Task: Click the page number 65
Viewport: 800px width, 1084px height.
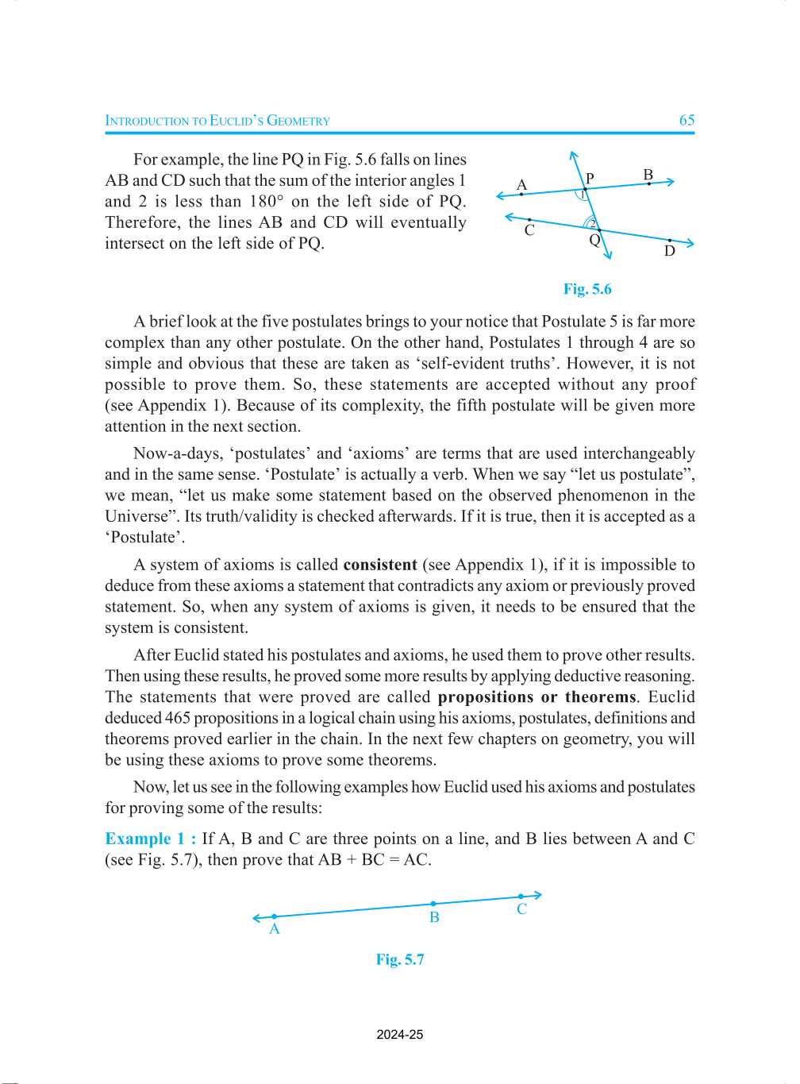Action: [687, 120]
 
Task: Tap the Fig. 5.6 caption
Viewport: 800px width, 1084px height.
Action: [587, 289]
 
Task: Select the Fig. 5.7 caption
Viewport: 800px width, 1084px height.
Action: [400, 959]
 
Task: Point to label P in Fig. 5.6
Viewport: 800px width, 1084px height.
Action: [590, 178]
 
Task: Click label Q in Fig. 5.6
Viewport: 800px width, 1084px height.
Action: [594, 240]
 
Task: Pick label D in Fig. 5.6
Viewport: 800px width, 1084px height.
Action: [669, 251]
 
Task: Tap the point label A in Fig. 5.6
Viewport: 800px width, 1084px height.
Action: [521, 184]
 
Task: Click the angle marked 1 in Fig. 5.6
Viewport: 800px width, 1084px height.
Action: [583, 195]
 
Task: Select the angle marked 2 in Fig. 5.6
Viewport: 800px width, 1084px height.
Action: [592, 224]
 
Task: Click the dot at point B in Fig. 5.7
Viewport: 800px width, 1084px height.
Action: [433, 904]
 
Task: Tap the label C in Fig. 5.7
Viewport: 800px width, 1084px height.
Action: [521, 909]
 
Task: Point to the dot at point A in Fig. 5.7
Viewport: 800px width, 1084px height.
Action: [275, 916]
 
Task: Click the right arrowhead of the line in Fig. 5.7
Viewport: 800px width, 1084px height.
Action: [537, 895]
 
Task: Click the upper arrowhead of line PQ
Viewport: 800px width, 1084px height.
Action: [573, 156]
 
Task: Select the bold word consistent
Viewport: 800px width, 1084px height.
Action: [380, 565]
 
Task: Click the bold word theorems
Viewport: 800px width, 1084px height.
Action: [600, 697]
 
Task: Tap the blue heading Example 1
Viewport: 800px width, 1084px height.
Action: [150, 839]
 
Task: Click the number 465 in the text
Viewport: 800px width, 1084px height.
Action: [177, 718]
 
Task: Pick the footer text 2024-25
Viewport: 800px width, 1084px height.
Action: [400, 1035]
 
